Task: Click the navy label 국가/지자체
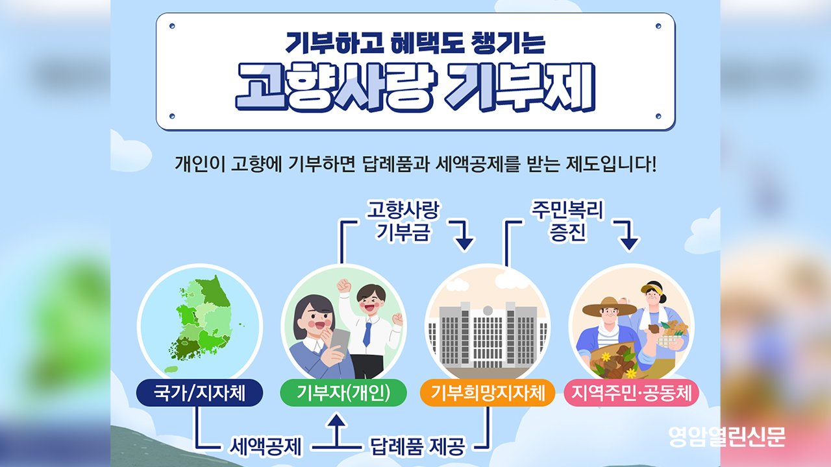199,392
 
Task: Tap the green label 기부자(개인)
343,392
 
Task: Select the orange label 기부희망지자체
488,392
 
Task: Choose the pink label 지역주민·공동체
632,392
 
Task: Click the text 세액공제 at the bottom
266,446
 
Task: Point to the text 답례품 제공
417,446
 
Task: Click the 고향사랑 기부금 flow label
403,221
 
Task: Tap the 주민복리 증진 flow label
567,221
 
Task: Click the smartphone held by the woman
340,341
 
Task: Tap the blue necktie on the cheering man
367,334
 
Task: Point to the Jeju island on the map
171,369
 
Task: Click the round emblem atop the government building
488,310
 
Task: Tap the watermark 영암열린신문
727,437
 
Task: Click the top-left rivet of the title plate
172,26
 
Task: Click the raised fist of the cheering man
343,286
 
